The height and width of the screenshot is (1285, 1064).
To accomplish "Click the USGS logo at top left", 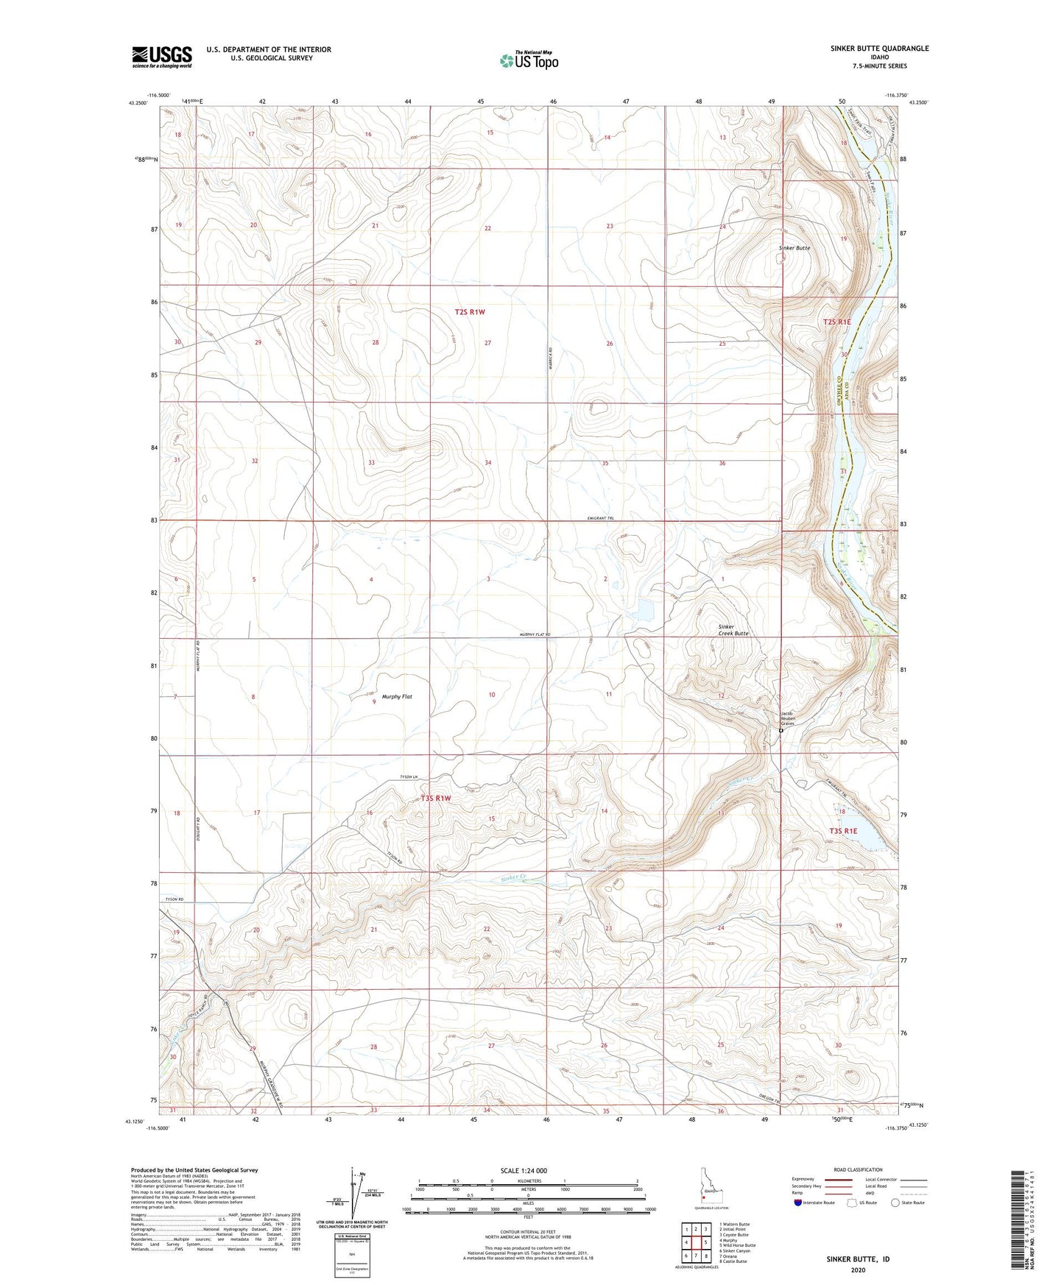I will (161, 57).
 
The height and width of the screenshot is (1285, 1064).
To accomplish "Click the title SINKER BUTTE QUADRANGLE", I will (867, 49).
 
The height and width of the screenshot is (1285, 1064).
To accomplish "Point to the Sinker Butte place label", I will (794, 248).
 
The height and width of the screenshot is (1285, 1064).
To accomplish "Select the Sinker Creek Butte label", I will (733, 630).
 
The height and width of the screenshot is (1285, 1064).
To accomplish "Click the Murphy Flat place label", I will (397, 696).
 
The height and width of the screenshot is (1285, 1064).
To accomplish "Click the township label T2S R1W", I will (470, 312).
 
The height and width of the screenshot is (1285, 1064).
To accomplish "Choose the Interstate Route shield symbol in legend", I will (800, 1203).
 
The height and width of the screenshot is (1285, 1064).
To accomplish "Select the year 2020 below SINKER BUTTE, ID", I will (857, 1270).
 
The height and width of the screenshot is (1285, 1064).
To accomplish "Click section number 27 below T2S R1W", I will (487, 343).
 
